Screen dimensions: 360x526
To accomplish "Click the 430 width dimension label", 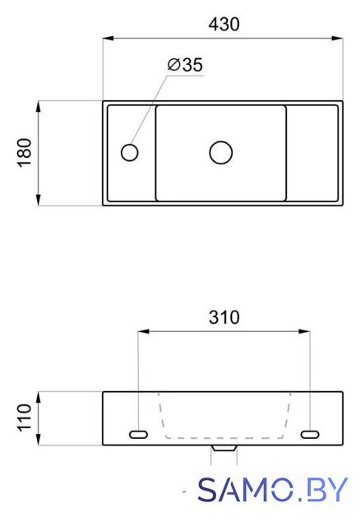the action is [x=224, y=25].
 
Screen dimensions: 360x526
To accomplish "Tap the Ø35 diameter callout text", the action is [x=185, y=65].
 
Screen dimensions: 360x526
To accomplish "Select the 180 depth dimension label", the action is [x=25, y=153].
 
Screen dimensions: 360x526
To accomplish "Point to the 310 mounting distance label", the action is [x=224, y=317].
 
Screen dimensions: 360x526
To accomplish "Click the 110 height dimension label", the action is [x=25, y=418].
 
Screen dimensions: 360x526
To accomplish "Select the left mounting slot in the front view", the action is [x=138, y=435].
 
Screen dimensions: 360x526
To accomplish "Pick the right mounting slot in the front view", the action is [x=310, y=435].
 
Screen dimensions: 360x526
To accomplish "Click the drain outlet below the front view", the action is [x=224, y=448].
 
